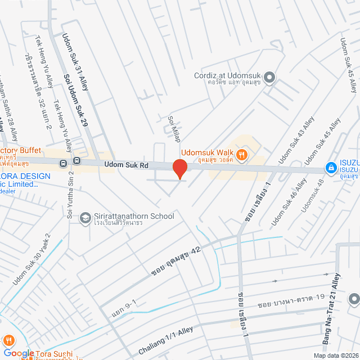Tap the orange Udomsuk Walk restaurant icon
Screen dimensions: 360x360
click(242, 153)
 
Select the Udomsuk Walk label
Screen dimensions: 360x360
click(206, 152)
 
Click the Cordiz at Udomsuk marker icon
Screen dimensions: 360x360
click(269, 78)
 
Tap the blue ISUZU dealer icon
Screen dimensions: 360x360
click(332, 168)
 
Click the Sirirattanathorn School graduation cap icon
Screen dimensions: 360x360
click(85, 217)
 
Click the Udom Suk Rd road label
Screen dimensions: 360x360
click(126, 165)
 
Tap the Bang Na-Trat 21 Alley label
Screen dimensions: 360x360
click(336, 308)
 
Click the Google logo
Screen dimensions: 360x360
click(19, 353)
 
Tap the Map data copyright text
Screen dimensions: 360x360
click(335, 355)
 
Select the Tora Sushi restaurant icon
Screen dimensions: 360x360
click(9, 340)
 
